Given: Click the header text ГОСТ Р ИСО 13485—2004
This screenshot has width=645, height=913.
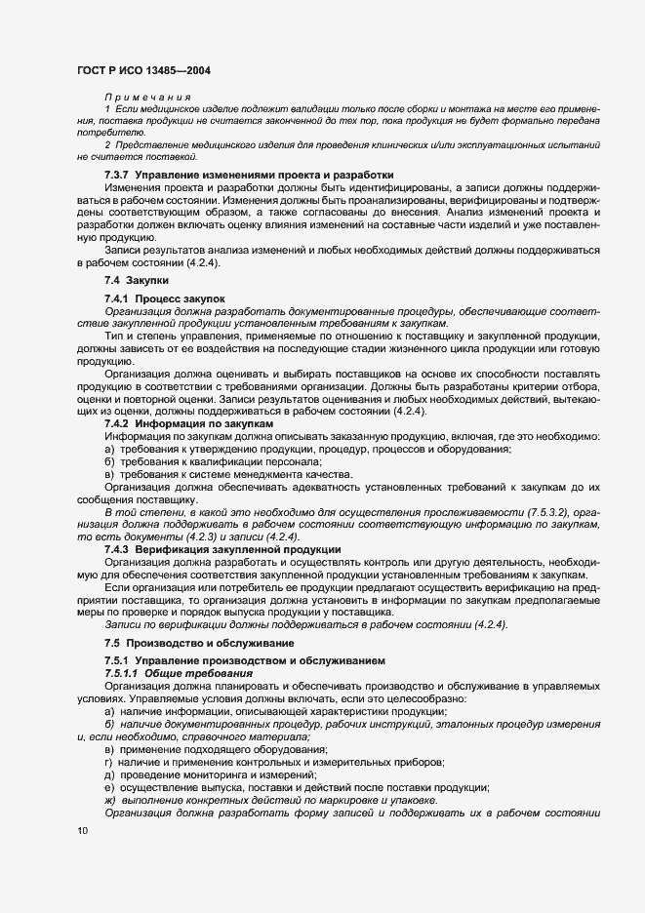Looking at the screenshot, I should (x=143, y=70).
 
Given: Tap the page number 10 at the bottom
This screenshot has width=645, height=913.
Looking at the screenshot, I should (x=82, y=830).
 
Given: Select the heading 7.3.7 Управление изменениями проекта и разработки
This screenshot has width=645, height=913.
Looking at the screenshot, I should (x=235, y=174).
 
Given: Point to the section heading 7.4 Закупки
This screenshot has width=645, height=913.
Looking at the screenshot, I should (x=135, y=281).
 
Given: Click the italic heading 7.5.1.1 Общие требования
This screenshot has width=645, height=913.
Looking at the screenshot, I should (x=179, y=674).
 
